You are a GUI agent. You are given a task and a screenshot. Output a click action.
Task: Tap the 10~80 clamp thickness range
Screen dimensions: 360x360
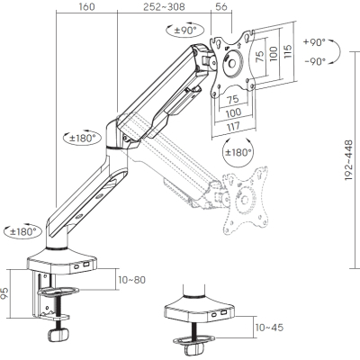pos(130,280)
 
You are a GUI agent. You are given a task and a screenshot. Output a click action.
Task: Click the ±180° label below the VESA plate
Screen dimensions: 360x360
pos(237,154)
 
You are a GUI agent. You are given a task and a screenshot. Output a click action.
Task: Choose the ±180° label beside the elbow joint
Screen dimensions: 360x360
pos(83,138)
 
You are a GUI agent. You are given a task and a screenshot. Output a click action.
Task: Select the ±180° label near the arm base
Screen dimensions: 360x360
pos(22,231)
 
